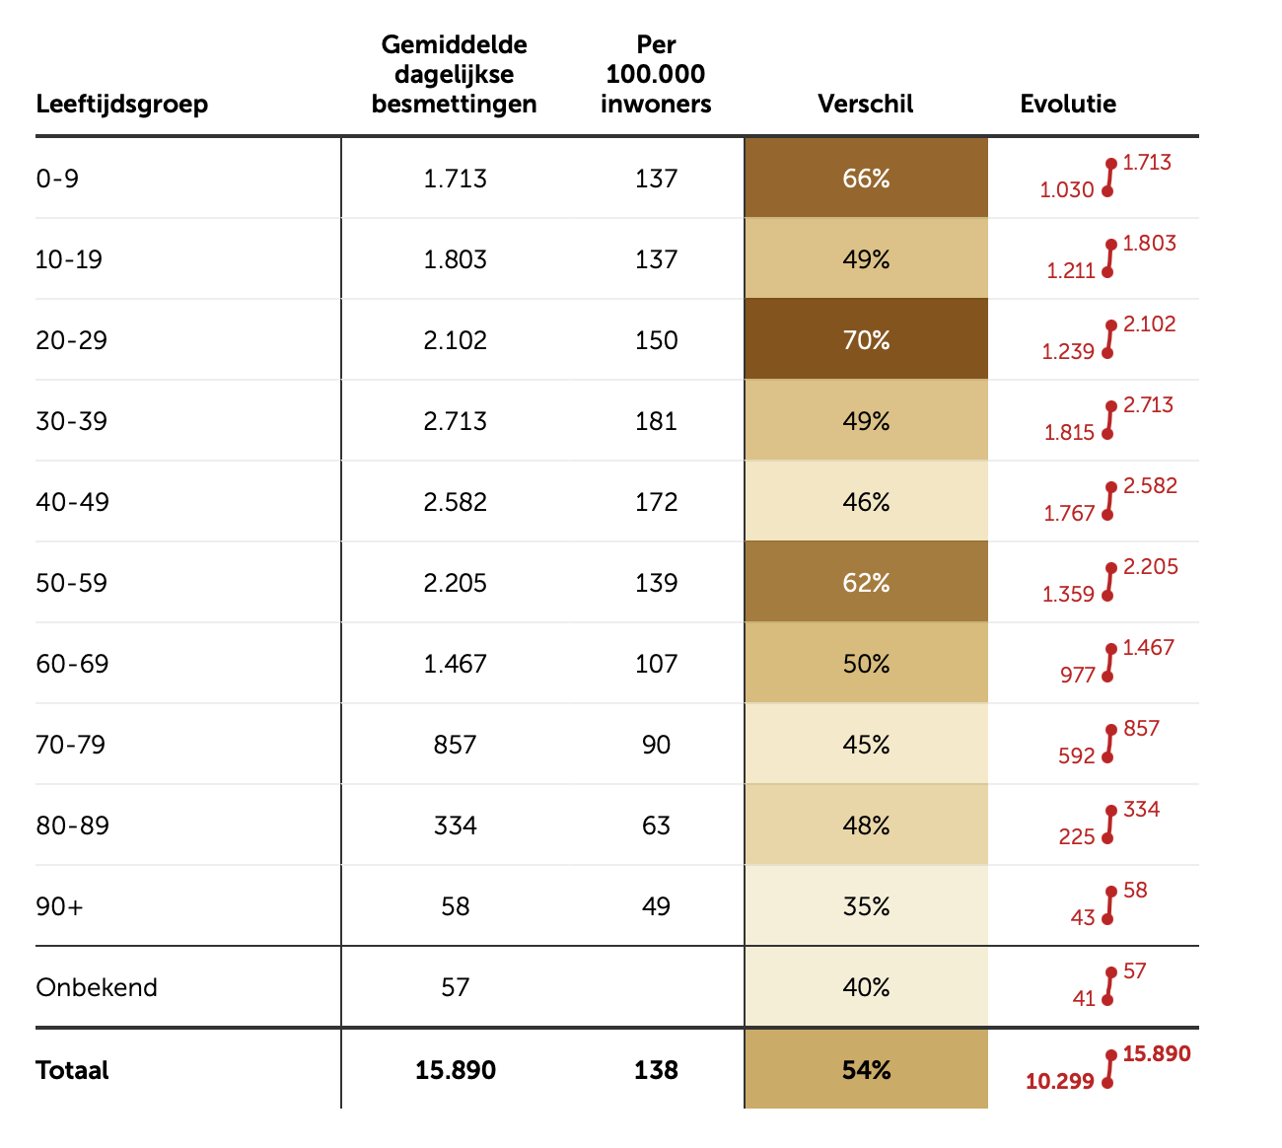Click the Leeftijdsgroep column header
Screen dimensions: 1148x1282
point(122,104)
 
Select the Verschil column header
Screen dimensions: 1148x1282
point(866,104)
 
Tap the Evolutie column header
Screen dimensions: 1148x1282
point(1068,104)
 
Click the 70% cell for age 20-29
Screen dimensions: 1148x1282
point(866,340)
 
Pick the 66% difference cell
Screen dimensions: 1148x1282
point(866,179)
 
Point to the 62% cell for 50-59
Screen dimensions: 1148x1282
point(866,583)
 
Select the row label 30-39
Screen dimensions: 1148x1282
point(72,421)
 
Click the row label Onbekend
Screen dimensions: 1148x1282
point(97,987)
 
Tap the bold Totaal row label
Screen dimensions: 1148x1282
point(72,1070)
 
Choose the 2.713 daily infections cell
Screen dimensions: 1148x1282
point(455,421)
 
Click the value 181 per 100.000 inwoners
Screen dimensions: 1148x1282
point(656,421)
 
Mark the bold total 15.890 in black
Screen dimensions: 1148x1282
point(455,1070)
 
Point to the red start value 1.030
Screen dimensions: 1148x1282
point(1067,189)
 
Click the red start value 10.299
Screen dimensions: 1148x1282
point(1060,1082)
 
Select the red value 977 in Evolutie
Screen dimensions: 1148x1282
point(1078,675)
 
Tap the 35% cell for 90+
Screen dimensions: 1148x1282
point(866,906)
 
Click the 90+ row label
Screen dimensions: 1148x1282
point(60,906)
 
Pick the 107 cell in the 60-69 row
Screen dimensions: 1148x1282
point(656,664)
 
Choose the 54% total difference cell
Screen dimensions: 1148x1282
point(866,1070)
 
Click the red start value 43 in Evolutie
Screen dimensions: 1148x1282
point(1083,917)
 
